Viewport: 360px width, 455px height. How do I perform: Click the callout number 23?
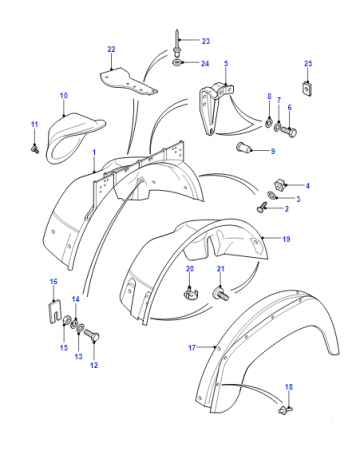206,41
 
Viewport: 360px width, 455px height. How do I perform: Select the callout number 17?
192,348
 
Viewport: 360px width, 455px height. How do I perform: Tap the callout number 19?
286,239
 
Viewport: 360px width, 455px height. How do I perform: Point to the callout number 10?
64,95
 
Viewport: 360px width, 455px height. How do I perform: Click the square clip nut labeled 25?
308,89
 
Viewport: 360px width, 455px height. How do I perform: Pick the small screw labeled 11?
35,149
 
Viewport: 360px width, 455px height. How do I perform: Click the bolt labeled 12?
92,335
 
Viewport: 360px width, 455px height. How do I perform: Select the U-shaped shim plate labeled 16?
53,312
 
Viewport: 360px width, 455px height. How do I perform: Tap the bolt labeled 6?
289,132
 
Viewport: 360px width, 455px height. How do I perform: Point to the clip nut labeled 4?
279,185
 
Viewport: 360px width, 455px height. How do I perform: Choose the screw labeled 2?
261,207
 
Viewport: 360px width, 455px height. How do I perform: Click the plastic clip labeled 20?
190,293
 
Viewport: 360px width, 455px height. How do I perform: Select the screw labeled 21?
221,294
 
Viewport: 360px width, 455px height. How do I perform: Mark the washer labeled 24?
177,62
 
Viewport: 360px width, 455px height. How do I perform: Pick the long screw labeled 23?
177,43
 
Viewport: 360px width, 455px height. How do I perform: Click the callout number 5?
226,63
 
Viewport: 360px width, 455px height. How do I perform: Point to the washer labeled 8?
269,123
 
